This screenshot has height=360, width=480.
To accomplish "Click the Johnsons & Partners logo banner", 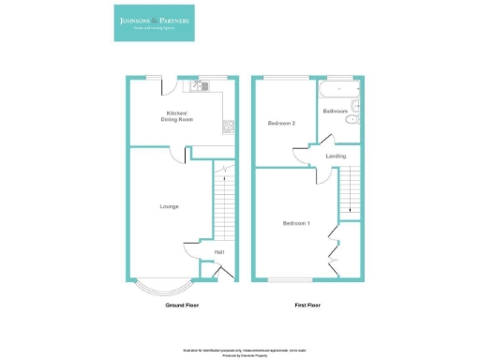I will [155, 25].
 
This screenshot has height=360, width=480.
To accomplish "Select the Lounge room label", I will [169, 206].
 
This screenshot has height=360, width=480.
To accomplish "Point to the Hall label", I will [219, 251].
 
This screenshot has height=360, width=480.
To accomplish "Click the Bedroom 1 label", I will [296, 223].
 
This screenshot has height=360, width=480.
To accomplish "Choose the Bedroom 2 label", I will [282, 123].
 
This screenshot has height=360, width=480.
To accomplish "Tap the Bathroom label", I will [336, 112].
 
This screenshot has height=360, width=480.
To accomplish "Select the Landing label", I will [336, 156].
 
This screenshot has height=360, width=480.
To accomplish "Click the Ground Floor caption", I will [182, 306].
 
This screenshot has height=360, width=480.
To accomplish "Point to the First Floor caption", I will [309, 306].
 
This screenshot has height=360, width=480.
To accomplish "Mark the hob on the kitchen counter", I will [228, 125].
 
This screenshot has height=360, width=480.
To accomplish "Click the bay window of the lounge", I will [157, 287].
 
